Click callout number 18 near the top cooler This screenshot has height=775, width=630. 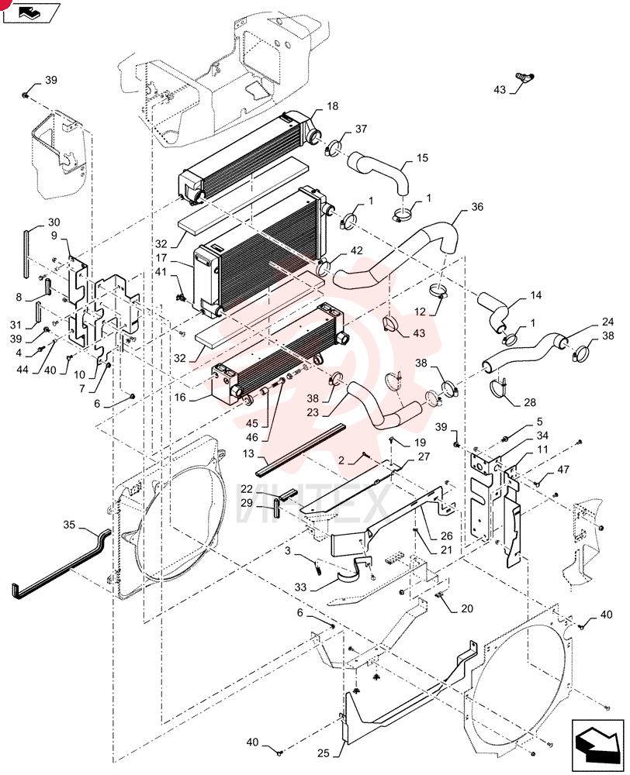click(x=333, y=105)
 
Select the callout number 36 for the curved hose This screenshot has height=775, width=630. click(x=477, y=207)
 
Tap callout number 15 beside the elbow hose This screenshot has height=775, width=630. click(x=422, y=157)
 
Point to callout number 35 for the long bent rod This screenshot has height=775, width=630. click(x=69, y=525)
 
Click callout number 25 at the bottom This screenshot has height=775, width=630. click(x=324, y=753)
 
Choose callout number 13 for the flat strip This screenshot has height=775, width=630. click(x=248, y=453)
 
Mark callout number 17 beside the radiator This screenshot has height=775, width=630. click(x=161, y=258)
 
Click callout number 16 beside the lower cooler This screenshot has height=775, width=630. click(x=180, y=398)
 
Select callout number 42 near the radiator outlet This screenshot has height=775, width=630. click(x=356, y=250)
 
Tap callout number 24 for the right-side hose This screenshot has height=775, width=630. click(x=607, y=322)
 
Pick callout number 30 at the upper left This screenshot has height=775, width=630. click(x=54, y=222)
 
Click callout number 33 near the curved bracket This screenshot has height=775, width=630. click(x=300, y=587)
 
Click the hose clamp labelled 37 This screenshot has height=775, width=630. click(x=333, y=147)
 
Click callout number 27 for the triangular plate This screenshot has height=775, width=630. click(x=424, y=456)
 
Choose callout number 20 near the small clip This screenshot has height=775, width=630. click(x=467, y=608)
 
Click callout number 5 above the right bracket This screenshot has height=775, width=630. click(x=539, y=422)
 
